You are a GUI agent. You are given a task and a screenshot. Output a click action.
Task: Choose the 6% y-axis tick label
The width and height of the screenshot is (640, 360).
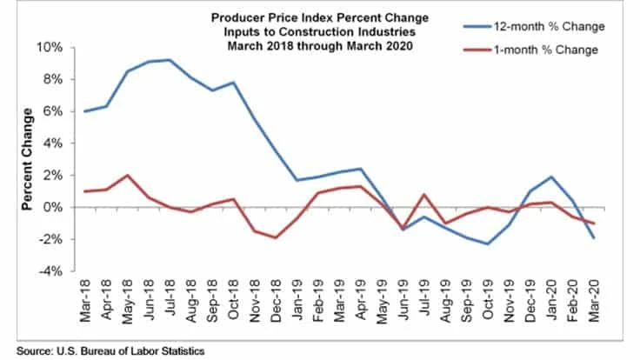point(64,111)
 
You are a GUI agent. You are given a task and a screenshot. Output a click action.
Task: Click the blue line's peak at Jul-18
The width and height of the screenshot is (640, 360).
point(170,60)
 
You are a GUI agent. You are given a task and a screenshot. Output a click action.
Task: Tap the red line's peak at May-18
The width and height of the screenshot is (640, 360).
point(130,175)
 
